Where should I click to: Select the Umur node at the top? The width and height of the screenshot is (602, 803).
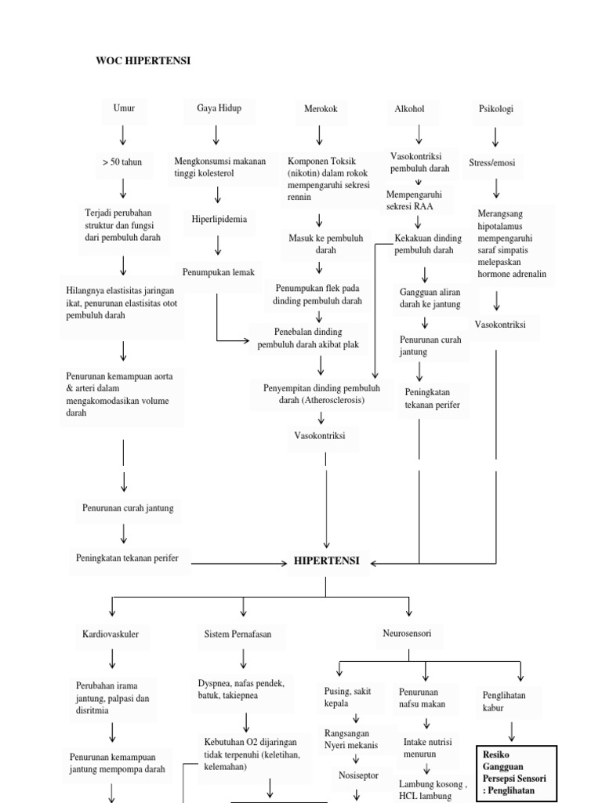pos(124,109)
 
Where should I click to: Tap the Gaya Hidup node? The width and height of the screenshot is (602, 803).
pos(219,108)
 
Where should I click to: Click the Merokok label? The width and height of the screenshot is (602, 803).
pos(320,110)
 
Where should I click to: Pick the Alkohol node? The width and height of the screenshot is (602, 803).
pos(409,109)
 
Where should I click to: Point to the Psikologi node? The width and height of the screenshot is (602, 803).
pos(495,109)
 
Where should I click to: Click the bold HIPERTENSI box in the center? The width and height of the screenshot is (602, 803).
pos(326,561)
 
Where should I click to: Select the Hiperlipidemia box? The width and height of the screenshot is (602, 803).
pos(219,220)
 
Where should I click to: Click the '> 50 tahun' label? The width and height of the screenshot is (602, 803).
pos(122,162)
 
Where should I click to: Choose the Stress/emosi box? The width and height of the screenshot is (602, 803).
pos(491,163)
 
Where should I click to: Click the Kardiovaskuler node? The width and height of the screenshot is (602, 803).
pos(111,634)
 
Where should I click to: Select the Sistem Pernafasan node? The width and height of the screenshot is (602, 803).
pos(237,634)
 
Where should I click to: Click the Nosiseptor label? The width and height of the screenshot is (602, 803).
pos(358,775)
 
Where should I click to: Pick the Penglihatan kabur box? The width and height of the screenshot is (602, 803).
pos(504,701)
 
